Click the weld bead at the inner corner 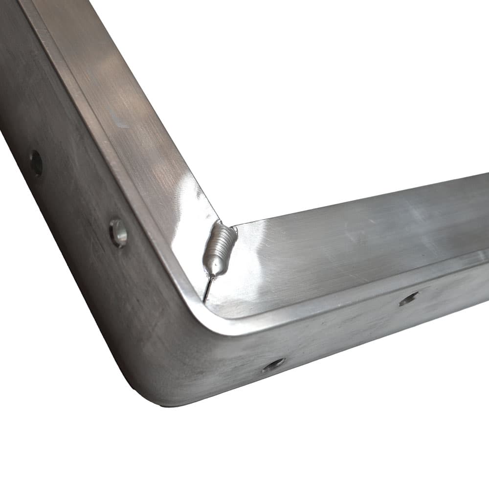point(219,249)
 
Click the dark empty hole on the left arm point(36,163)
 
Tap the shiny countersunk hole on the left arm point(118,232)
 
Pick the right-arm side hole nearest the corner point(273,364)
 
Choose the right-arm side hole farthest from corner point(408,298)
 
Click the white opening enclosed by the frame point(293,98)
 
